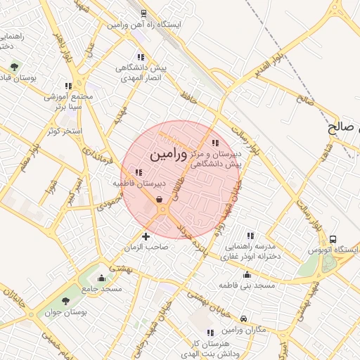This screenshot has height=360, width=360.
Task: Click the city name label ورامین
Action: tap(169, 153)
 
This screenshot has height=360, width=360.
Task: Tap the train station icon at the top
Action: tap(144, 13)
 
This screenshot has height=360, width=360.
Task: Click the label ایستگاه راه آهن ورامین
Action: tap(144, 24)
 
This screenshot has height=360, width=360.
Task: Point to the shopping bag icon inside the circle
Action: tap(161, 199)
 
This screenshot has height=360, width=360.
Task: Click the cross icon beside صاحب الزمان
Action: tap(146, 236)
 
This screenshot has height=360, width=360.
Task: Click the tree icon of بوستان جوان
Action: tap(65, 301)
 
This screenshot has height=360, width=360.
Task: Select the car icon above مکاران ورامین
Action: tap(243, 319)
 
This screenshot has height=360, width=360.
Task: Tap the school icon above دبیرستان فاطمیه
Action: tap(139, 172)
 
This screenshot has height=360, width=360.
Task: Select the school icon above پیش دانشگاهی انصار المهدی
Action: tap(141, 57)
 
